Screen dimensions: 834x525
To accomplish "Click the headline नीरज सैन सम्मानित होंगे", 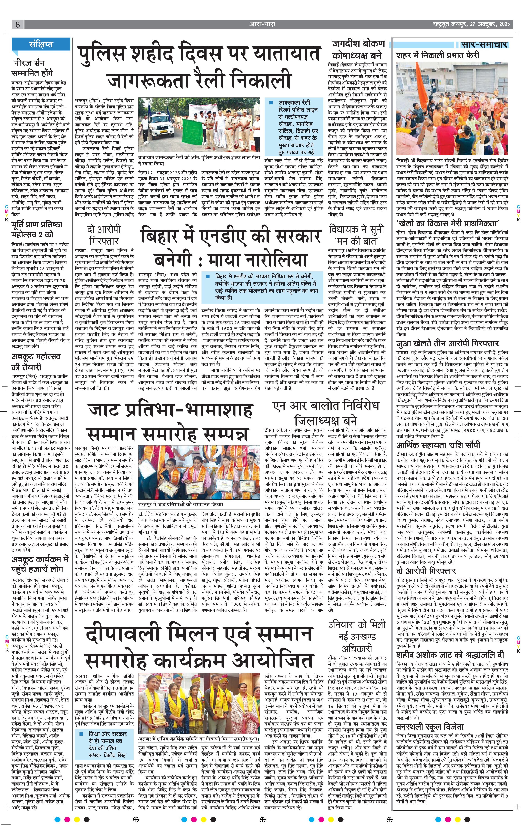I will (x=32, y=68).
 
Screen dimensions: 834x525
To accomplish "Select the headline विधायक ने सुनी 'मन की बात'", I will (x=357, y=235).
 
